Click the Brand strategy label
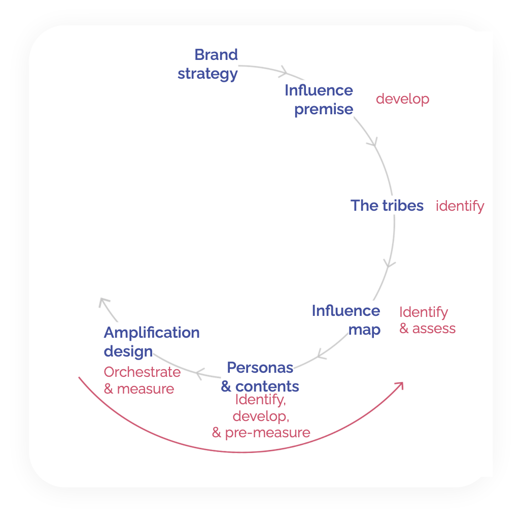point(207,64)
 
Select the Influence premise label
point(319,100)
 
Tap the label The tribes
point(387,205)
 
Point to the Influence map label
point(346,320)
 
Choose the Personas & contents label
point(260,377)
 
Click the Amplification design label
point(152,342)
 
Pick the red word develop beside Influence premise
point(402,99)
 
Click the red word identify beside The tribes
point(460,206)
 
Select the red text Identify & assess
point(427,320)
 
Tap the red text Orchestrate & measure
point(142,380)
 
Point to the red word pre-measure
point(267,433)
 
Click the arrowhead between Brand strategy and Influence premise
point(284,72)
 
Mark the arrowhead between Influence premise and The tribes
point(373,142)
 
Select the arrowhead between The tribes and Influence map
point(389,264)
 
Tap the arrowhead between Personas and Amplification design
point(200,374)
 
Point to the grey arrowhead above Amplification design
point(104,302)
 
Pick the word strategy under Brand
point(207,74)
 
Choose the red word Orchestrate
point(142,372)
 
